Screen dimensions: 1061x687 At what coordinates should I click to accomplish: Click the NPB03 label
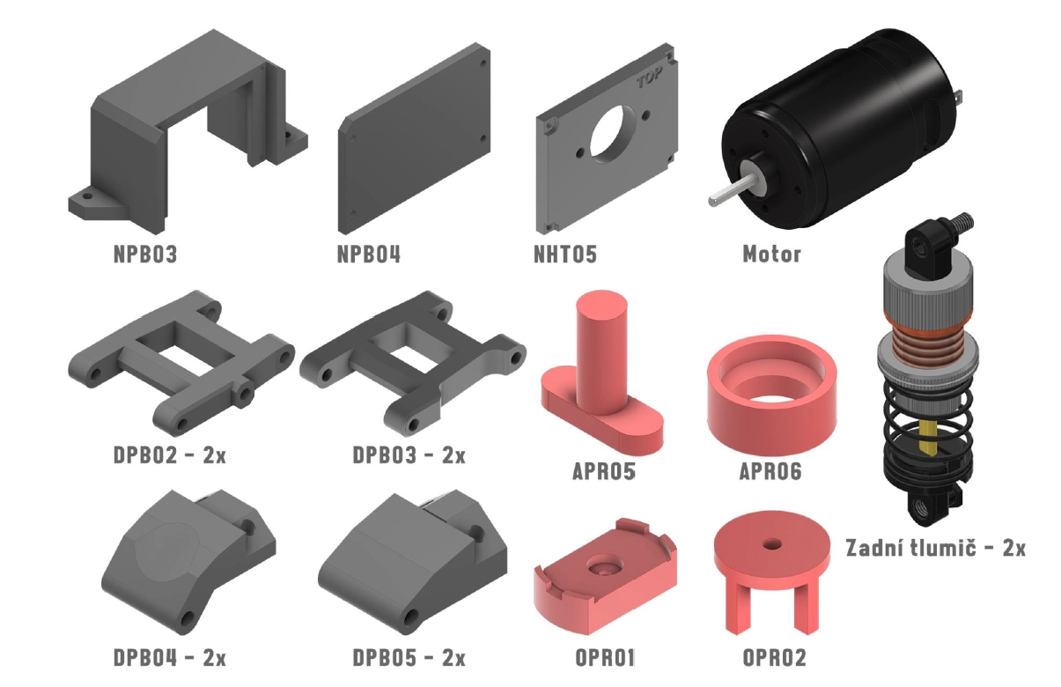click(145, 254)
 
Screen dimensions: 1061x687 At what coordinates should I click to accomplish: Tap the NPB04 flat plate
click(415, 138)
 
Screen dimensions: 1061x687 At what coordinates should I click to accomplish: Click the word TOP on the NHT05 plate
click(650, 78)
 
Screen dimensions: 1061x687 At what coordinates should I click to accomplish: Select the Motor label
click(771, 254)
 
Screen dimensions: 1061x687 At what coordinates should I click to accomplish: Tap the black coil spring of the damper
click(926, 436)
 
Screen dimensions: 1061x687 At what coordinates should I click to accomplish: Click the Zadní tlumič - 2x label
click(935, 548)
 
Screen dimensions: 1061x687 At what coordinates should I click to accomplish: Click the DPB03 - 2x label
click(409, 454)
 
